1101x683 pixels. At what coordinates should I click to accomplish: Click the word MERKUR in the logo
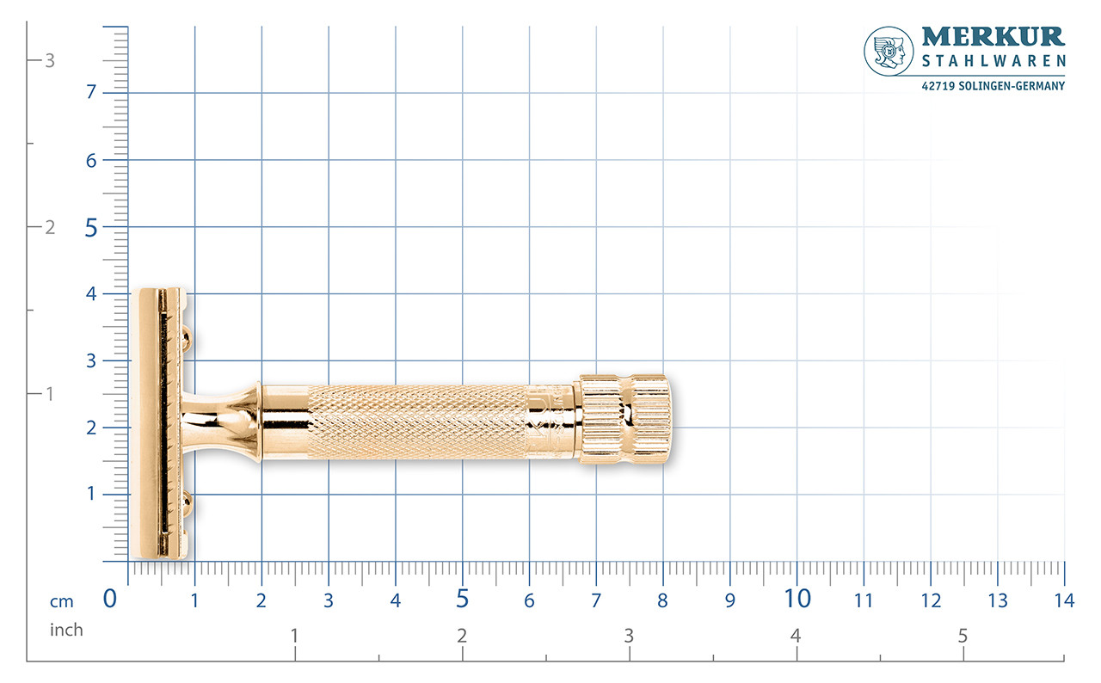(x=993, y=37)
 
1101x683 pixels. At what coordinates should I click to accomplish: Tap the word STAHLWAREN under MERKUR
(x=993, y=61)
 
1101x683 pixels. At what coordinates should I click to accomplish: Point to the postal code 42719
(x=939, y=86)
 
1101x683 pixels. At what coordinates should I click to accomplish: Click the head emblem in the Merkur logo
(x=889, y=51)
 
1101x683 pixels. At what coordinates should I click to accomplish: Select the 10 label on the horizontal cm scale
(x=797, y=599)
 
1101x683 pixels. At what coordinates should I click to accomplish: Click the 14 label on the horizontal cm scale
(x=1064, y=600)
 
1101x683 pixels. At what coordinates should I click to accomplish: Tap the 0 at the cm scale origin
(x=110, y=599)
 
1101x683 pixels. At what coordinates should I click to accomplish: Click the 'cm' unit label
(x=62, y=602)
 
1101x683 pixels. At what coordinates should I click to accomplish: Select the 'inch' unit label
(x=66, y=630)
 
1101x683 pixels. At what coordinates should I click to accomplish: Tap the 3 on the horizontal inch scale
(x=629, y=636)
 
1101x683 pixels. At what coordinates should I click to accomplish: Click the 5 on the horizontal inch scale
(x=963, y=636)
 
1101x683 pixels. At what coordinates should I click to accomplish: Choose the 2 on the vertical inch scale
(x=49, y=227)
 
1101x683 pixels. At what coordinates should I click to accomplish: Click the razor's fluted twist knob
(x=624, y=419)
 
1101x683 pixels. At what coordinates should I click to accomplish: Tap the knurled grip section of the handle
(x=417, y=421)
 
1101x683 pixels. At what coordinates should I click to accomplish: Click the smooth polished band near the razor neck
(x=284, y=421)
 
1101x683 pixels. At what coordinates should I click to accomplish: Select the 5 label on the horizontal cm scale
(x=462, y=599)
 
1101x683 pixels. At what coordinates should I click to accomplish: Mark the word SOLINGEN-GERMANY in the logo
(x=1018, y=86)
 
